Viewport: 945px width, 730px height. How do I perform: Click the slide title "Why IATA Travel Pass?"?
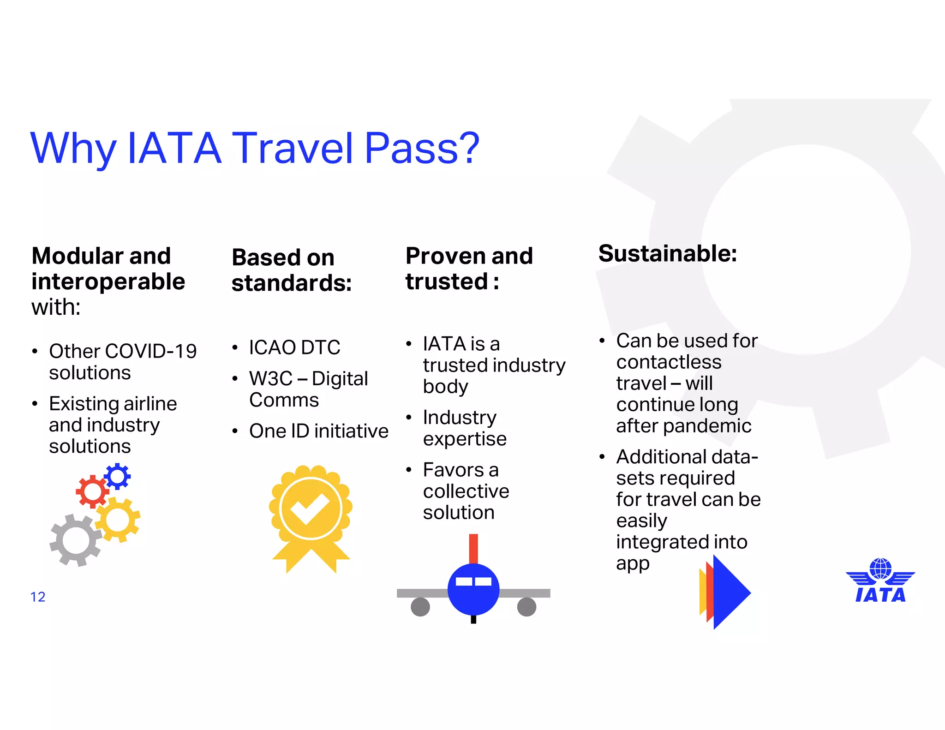pos(255,149)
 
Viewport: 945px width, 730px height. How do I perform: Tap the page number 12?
pos(38,597)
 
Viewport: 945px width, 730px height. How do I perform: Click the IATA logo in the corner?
pos(880,581)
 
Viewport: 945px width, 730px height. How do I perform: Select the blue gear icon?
pos(117,476)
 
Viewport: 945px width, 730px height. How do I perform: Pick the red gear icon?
pos(92,492)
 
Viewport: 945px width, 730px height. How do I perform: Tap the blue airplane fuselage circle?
pos(473,589)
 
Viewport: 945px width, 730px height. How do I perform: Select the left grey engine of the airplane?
pos(420,607)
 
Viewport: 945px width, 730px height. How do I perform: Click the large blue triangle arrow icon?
pos(730,592)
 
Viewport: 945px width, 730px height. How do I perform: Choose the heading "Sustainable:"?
pos(667,253)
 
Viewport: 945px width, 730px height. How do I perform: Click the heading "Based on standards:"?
pos(291,270)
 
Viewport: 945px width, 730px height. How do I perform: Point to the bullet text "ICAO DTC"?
pos(294,347)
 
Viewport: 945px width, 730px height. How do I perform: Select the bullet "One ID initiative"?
pos(318,431)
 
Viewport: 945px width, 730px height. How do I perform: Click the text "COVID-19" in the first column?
pos(150,351)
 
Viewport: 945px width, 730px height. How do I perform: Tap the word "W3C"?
pos(271,379)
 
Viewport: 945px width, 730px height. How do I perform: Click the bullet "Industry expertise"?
pos(464,428)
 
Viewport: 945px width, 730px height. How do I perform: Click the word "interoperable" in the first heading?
pos(108,281)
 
